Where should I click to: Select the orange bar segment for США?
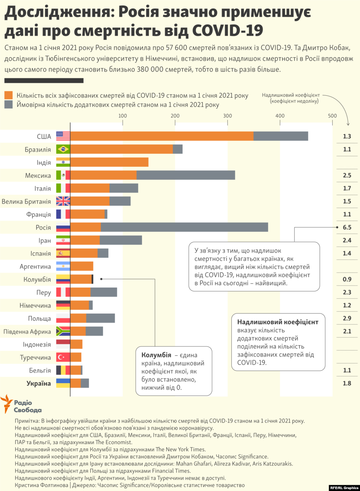click(162, 136)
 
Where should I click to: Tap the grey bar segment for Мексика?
click(186, 175)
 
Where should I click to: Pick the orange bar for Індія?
click(109, 162)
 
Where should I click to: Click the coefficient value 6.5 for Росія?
click(347, 227)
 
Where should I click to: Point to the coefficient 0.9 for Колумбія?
click(347, 279)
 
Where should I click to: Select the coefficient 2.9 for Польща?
click(347, 318)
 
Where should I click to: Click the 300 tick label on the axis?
click(227, 116)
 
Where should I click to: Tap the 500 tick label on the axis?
click(332, 116)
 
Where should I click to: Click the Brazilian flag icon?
click(63, 149)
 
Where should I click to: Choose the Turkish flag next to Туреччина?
click(63, 358)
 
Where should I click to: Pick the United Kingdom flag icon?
click(63, 202)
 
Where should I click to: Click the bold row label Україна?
click(39, 383)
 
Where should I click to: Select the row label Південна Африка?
click(27, 332)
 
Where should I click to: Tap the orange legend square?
click(9, 95)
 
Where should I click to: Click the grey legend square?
click(9, 105)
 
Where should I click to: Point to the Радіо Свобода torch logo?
click(7, 403)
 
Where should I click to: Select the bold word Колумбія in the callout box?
click(156, 355)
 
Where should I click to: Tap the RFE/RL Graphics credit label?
click(344, 488)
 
